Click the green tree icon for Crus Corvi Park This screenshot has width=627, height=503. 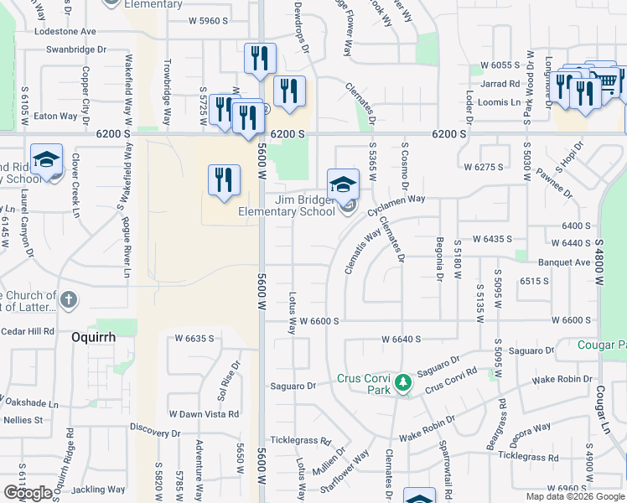pyautogui.click(x=402, y=382)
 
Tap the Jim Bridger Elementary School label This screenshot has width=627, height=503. pyautogui.click(x=288, y=205)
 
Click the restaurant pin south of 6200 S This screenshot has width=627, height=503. pyautogui.click(x=225, y=181)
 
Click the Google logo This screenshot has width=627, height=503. pyautogui.click(x=28, y=493)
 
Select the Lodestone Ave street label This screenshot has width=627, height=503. pyautogui.click(x=66, y=31)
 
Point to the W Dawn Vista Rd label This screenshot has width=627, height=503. pyautogui.click(x=204, y=414)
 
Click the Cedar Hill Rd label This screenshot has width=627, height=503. pyautogui.click(x=27, y=331)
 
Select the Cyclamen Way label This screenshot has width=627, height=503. pyautogui.click(x=397, y=200)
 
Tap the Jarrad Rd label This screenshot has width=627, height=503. pyautogui.click(x=502, y=84)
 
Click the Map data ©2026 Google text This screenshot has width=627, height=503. pyautogui.click(x=574, y=496)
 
